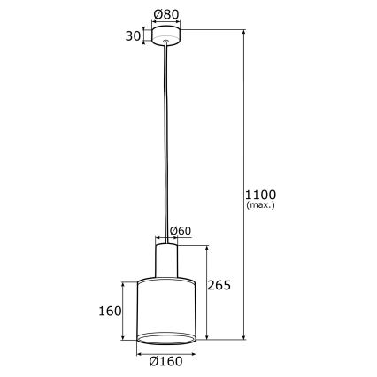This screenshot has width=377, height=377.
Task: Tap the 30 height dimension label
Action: (133, 35)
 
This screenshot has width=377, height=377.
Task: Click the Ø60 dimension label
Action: (180, 231)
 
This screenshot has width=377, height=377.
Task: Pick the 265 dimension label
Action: (219, 285)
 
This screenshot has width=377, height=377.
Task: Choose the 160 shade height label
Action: (109, 311)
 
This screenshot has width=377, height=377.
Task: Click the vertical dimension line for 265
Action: (206, 292)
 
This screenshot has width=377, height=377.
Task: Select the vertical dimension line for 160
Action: (124, 311)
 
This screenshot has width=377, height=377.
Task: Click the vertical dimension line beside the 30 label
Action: (144, 35)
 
